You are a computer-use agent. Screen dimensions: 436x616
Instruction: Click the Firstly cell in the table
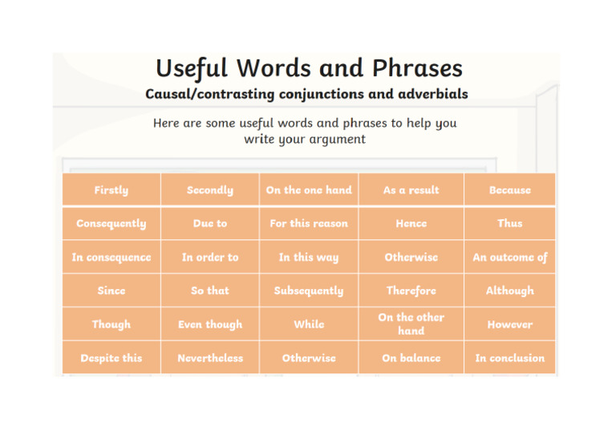[111, 190]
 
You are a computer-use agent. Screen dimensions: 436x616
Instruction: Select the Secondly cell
[209, 190]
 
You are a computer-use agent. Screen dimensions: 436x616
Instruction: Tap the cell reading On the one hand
[309, 190]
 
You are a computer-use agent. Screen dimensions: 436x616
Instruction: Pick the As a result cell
[411, 190]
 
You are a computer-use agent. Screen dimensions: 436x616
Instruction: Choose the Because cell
[509, 190]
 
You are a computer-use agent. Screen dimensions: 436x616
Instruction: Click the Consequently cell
[111, 223]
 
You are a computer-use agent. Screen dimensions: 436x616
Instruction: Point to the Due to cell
[209, 223]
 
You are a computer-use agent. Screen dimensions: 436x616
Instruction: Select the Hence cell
[411, 223]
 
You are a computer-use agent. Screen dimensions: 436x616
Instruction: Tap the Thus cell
[509, 223]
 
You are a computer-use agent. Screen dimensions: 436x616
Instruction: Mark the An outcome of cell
[509, 257]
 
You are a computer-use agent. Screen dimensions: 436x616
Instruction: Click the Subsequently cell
[309, 291]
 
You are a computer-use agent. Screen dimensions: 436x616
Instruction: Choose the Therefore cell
[411, 291]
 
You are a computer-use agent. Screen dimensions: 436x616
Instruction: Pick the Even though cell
[209, 324]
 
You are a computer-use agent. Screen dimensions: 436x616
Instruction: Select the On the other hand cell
[411, 324]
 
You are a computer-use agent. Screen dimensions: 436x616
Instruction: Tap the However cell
[509, 324]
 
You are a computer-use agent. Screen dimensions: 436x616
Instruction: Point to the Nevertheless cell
[209, 358]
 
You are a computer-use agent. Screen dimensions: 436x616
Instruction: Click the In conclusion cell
[509, 358]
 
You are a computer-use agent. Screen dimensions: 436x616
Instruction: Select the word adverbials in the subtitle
[429, 94]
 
